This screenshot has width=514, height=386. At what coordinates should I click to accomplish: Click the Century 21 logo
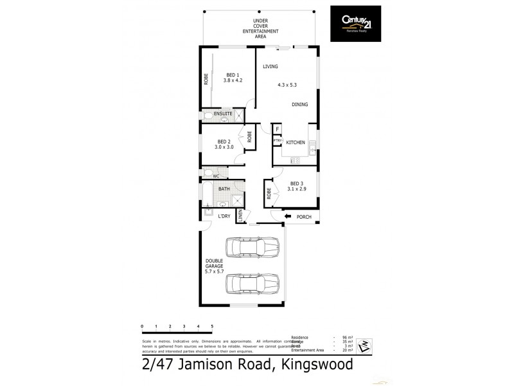point(355,24)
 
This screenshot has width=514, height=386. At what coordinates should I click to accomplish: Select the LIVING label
point(270,66)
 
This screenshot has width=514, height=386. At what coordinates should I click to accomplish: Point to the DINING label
point(299,104)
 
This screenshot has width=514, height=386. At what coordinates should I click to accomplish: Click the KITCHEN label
point(296,142)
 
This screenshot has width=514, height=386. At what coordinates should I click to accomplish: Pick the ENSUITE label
point(223,114)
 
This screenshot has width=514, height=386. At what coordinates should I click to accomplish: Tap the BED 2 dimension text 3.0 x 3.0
point(224,147)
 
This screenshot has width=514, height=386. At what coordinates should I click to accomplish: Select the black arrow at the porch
point(288,216)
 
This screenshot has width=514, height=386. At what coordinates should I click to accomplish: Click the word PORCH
point(304,217)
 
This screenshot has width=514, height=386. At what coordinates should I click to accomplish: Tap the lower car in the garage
point(252,282)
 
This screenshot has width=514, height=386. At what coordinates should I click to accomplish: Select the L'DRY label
point(224,216)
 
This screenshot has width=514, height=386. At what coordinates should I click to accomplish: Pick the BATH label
point(224,189)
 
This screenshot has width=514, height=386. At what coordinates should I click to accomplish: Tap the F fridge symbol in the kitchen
point(277,129)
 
